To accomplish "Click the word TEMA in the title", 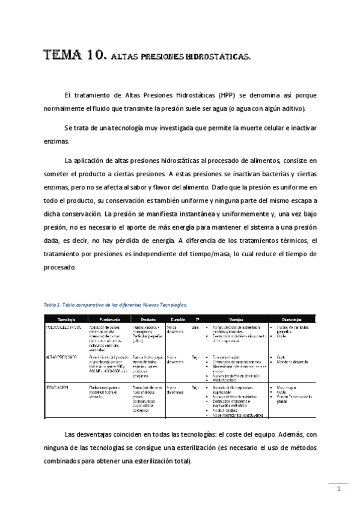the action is click(x=63, y=57).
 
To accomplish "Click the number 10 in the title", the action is click(x=97, y=57).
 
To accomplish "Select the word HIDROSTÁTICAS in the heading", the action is click(x=219, y=58).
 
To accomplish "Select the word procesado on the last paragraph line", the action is click(x=59, y=267).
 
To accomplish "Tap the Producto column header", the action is click(x=147, y=319).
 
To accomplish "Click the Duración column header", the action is click(x=178, y=319).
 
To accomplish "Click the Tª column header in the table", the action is click(x=197, y=319).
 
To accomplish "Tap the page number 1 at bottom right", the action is click(x=339, y=488).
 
